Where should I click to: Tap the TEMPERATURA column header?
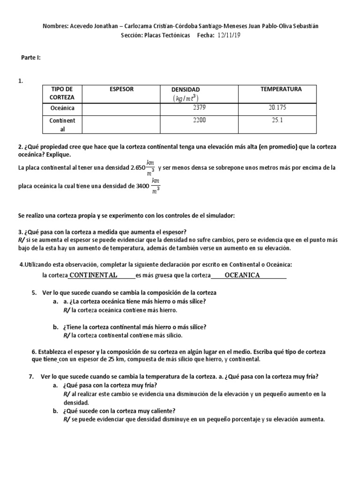pos(281,89)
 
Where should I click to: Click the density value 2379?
pos(199,108)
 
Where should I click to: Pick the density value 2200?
pos(199,120)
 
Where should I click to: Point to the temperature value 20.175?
pos(277,108)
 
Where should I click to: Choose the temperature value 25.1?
pos(277,120)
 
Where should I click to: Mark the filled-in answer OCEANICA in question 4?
pos(242,275)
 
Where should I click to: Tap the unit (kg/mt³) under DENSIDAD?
pos(186,98)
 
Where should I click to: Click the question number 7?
pos(30,376)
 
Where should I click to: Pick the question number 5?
pos(34,292)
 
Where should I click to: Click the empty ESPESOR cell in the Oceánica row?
pos(121,108)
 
